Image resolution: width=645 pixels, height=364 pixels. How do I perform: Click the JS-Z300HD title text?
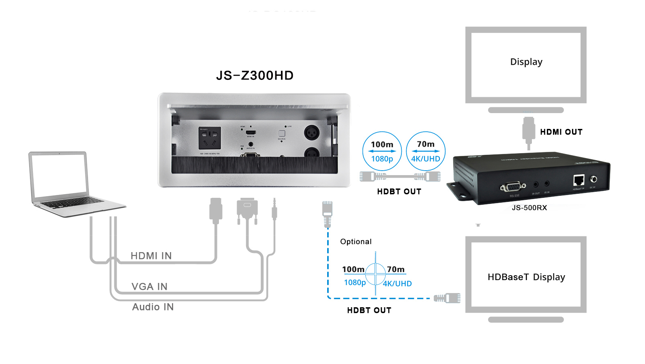(255, 75)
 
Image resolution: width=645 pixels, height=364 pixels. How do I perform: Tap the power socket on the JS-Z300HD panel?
(210, 138)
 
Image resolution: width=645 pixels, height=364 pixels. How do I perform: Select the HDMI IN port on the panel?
(251, 133)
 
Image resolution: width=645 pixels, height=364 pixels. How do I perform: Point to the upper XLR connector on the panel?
(311, 132)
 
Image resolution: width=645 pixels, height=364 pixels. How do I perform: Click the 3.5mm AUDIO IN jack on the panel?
(251, 144)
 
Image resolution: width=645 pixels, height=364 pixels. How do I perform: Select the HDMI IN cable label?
(151, 256)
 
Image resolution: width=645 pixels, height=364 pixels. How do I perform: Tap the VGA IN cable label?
(149, 287)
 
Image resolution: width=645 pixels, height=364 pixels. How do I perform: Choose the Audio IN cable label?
(153, 307)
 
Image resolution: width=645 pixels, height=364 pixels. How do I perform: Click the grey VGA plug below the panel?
(247, 209)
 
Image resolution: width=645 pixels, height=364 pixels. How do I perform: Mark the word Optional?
(356, 242)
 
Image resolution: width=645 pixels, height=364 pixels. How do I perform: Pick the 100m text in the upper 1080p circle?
(382, 145)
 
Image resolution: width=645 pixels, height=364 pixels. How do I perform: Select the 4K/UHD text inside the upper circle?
(426, 159)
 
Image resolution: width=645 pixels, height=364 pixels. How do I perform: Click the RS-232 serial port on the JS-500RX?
(513, 187)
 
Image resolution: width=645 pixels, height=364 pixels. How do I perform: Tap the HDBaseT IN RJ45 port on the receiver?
(579, 180)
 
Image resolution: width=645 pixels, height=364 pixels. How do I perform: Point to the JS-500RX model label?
(529, 208)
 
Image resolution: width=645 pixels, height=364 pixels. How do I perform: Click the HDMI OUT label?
(561, 132)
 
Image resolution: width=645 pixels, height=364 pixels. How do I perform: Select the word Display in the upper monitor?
(526, 62)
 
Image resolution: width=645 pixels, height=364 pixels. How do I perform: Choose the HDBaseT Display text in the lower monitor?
(526, 277)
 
